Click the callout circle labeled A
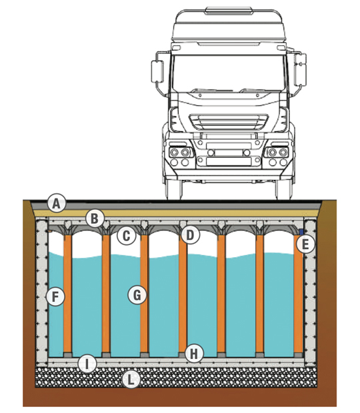point(57,204)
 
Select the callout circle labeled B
point(95,218)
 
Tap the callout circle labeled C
point(127,236)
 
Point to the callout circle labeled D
point(190,235)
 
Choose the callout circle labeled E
point(305,244)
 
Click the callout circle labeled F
point(55,296)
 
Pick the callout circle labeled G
point(137,295)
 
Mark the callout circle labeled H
point(194,354)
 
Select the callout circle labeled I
point(87,364)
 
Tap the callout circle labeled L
point(131,380)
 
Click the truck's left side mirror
point(157,71)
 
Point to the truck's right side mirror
point(299,69)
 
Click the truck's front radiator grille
point(229,122)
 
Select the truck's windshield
point(229,73)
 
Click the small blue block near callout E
point(301,232)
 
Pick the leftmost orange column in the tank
point(67,294)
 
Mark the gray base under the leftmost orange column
point(67,355)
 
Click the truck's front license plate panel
point(229,161)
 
